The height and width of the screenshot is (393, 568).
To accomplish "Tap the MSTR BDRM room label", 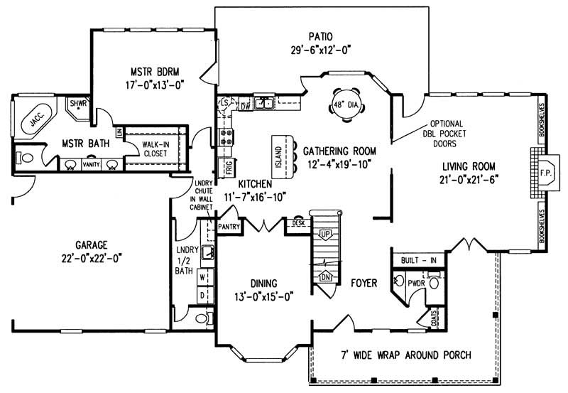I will pyautogui.click(x=147, y=71).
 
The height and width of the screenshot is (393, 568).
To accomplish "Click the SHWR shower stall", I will pyautogui.click(x=77, y=104).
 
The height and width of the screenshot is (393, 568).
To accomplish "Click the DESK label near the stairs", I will pyautogui.click(x=297, y=223).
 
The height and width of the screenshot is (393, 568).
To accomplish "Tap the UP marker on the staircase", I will pyautogui.click(x=326, y=234).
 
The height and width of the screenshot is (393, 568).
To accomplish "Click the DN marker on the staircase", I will pyautogui.click(x=326, y=275).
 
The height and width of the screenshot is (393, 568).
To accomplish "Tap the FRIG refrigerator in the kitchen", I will pyautogui.click(x=229, y=168).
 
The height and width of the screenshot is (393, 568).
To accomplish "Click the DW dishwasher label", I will pyautogui.click(x=245, y=106).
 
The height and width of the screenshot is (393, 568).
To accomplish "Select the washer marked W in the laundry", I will pyautogui.click(x=202, y=275).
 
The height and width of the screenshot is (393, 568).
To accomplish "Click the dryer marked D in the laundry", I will pyautogui.click(x=202, y=294).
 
